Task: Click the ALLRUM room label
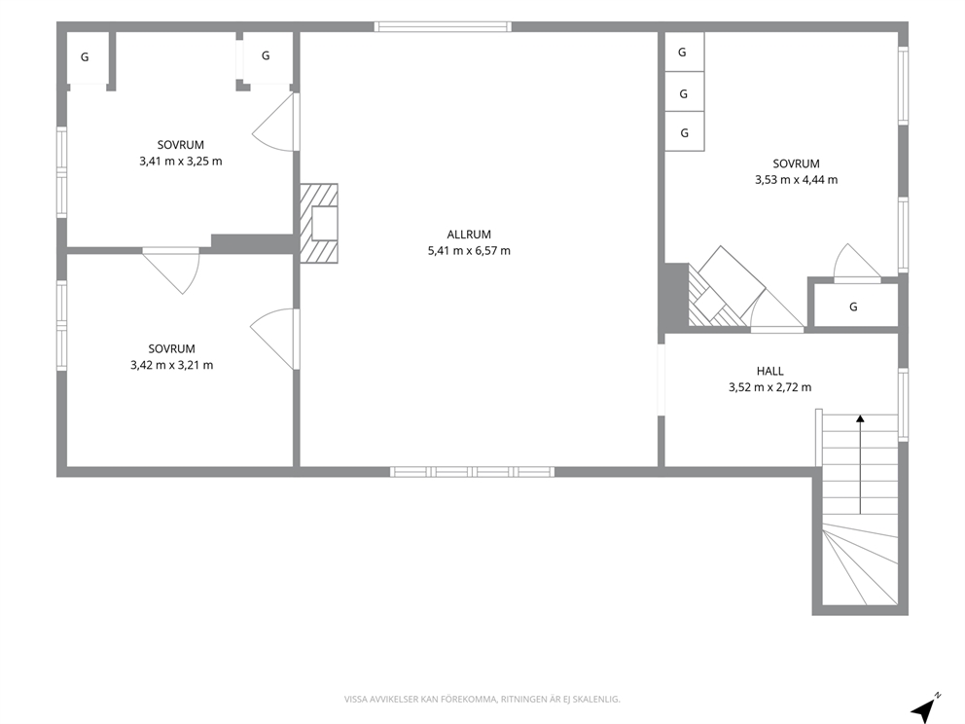pos(469,235)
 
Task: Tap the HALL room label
pos(769,371)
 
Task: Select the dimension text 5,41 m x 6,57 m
pos(469,250)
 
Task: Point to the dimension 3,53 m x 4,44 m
pos(797,180)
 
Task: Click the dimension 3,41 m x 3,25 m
pos(181,162)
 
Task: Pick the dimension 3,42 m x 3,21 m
pos(172,365)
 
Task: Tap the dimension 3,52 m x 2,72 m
pos(769,387)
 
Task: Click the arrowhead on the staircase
pos(860,418)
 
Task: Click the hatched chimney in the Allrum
pos(319,224)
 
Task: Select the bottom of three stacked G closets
pos(685,131)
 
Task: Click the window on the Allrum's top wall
pos(444,26)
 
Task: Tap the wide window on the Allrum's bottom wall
pos(472,472)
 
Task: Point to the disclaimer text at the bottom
pos(482,700)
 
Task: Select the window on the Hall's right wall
pos(903,405)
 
